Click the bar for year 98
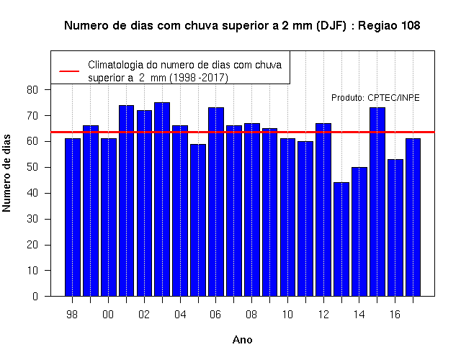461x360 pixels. click(x=73, y=217)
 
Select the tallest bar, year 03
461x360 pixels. click(x=162, y=199)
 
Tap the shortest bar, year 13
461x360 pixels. click(x=341, y=239)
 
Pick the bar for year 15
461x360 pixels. click(x=377, y=202)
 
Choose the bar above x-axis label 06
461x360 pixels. click(x=216, y=202)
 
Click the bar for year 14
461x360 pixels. click(x=359, y=232)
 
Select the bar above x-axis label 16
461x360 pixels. click(x=395, y=228)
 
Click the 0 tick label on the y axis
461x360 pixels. click(x=35, y=296)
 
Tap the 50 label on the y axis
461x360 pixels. click(x=32, y=167)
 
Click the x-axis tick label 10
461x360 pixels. click(x=287, y=315)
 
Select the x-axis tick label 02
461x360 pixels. click(x=144, y=315)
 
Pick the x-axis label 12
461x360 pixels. click(x=323, y=315)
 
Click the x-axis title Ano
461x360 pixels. click(x=242, y=340)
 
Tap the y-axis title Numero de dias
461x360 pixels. click(x=6, y=174)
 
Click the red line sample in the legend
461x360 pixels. click(x=69, y=71)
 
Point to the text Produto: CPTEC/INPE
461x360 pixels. click(x=375, y=98)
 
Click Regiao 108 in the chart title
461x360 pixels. click(x=389, y=26)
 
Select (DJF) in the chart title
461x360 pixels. click(x=331, y=26)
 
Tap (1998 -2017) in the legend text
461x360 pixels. click(x=199, y=78)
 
